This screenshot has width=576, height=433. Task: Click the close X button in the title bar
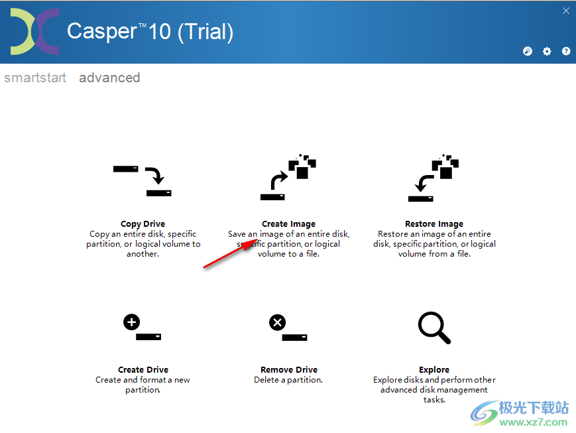(x=566, y=11)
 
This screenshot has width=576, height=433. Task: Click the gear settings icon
(x=547, y=51)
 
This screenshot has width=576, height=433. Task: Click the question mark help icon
(x=566, y=51)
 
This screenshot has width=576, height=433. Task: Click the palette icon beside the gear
(x=528, y=51)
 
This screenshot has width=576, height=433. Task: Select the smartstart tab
(x=35, y=78)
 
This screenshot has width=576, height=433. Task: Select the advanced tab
(x=109, y=78)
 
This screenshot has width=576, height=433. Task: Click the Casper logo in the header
(x=34, y=32)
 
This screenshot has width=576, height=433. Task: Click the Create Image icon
(x=288, y=178)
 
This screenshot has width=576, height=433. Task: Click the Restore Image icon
(x=434, y=178)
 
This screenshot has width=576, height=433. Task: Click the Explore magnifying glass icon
(x=434, y=328)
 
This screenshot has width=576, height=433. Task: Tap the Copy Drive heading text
(x=143, y=224)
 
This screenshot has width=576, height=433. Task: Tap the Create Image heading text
(x=288, y=224)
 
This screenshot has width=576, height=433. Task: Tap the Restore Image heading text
(x=434, y=224)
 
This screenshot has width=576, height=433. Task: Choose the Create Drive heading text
(x=143, y=370)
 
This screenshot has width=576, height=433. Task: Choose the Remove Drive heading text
(x=288, y=370)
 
